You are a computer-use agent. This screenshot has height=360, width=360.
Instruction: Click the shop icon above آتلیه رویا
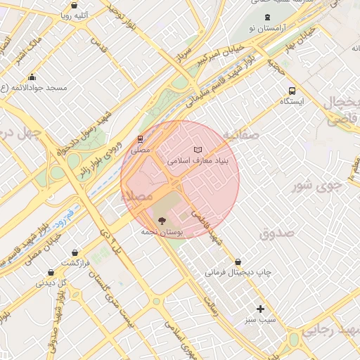pyautogui.click(x=74, y=5)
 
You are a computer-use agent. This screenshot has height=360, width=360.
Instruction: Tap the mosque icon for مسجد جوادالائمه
pyautogui.click(x=31, y=77)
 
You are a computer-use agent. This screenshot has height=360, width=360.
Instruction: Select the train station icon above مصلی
pyautogui.click(x=140, y=139)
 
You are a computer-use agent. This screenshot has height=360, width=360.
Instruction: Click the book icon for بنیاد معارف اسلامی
pyautogui.click(x=198, y=150)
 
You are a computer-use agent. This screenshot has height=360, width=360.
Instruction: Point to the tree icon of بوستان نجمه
pyautogui.click(x=162, y=221)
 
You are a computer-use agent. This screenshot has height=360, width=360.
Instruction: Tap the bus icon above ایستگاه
pyautogui.click(x=292, y=91)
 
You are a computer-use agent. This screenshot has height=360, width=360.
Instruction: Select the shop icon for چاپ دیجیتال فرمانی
pyautogui.click(x=238, y=262)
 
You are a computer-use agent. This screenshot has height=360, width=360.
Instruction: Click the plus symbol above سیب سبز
pyautogui.click(x=260, y=309)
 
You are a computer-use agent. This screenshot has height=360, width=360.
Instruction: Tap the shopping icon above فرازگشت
pyautogui.click(x=51, y=272)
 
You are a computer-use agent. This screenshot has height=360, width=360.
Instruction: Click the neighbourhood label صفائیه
pyautogui.click(x=241, y=134)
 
